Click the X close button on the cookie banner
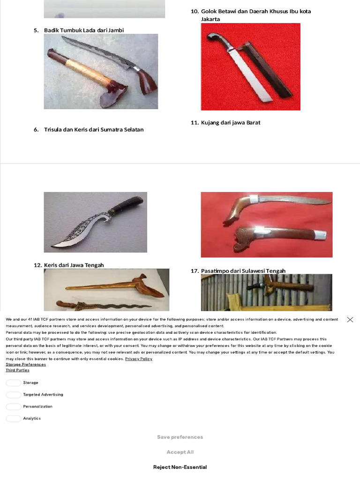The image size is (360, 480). point(350,320)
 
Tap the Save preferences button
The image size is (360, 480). point(180,437)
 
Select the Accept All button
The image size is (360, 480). point(180,452)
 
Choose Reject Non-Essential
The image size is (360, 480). point(180,467)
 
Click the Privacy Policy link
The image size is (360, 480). point(139,359)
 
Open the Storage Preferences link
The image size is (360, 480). point(26,364)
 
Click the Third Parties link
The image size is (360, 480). point(17,370)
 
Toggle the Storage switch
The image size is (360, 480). point(14,382)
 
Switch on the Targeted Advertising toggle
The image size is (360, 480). point(14,395)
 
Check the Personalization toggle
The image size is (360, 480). point(14,406)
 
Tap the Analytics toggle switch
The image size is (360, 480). point(14,419)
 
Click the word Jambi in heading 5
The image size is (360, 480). point(116,30)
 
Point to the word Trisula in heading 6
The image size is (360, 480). point(53,129)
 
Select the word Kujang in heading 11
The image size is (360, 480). point(210,123)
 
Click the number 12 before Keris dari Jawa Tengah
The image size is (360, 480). point(37,265)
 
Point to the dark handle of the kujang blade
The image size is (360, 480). point(126,204)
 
